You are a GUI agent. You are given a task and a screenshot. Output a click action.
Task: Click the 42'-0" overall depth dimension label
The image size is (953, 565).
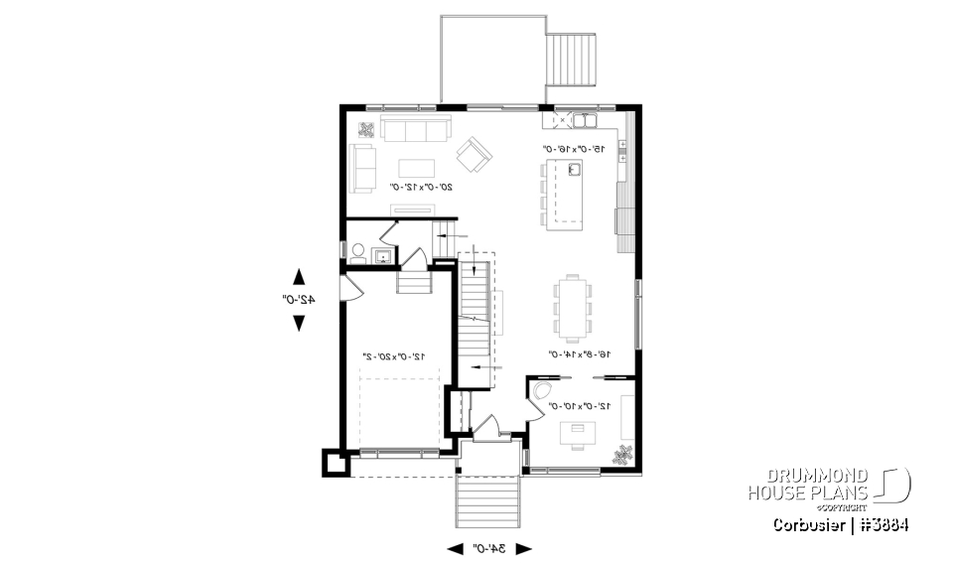[x=298, y=299]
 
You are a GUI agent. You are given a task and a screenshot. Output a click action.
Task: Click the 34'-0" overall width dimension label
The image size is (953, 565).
[x=489, y=547]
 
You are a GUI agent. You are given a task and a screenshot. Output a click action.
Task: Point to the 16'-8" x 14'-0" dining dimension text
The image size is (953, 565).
[x=579, y=353]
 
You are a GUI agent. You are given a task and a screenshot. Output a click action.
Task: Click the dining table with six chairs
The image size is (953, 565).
[x=573, y=302]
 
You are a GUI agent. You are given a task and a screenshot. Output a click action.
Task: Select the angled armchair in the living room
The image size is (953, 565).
[x=474, y=153]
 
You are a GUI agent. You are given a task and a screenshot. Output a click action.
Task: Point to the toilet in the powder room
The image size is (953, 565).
[x=356, y=253]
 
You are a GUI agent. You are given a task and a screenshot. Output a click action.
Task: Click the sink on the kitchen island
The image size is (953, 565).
[x=573, y=170]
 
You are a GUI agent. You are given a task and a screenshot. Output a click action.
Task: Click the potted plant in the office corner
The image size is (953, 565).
[x=622, y=454]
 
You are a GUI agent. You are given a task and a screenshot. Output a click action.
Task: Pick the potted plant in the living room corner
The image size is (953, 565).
[x=364, y=129]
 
